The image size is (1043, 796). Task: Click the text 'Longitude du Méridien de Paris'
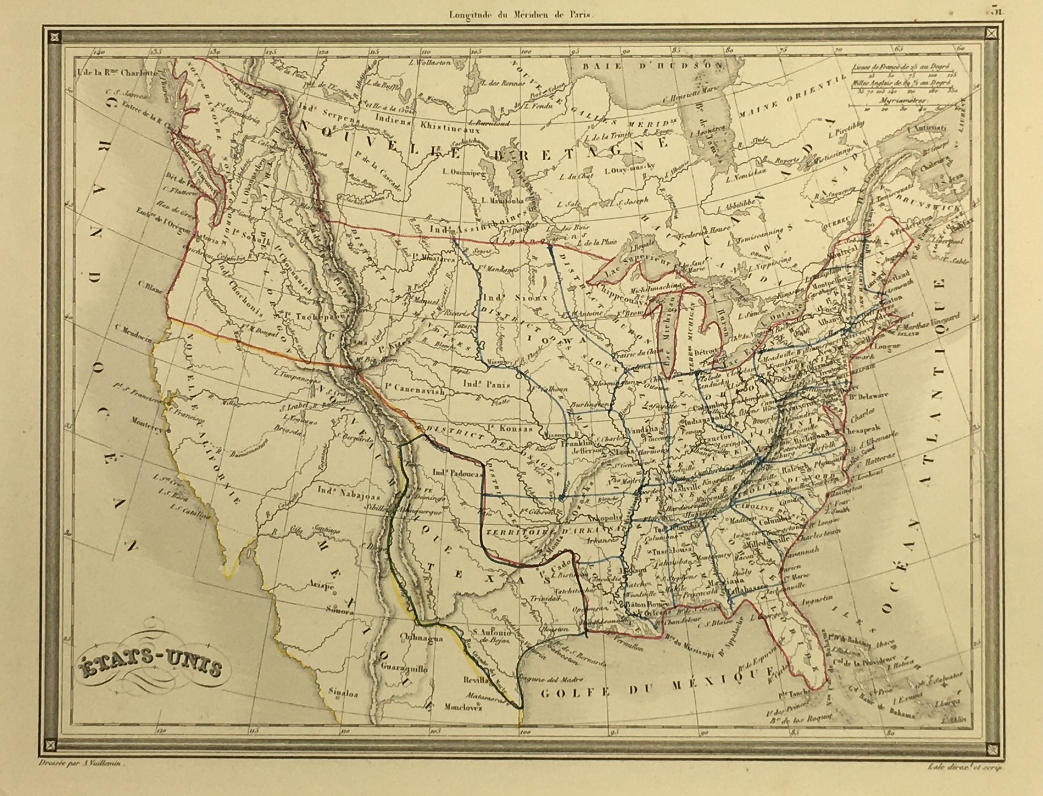pyautogui.click(x=521, y=15)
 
